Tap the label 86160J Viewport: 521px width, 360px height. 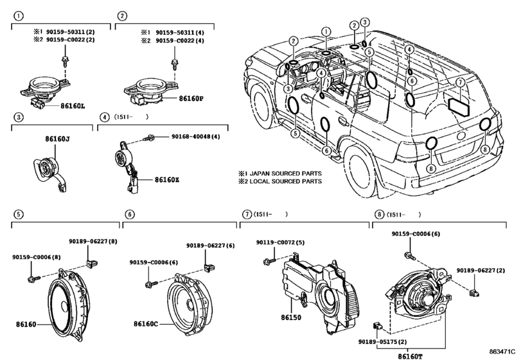[x=57, y=138]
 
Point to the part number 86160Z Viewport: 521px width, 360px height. [x=166, y=180]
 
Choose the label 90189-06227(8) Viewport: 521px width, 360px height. [x=93, y=241]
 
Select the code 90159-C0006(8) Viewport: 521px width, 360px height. [x=36, y=257]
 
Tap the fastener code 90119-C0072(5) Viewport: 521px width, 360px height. [x=280, y=242]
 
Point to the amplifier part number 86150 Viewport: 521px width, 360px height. [x=290, y=318]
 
